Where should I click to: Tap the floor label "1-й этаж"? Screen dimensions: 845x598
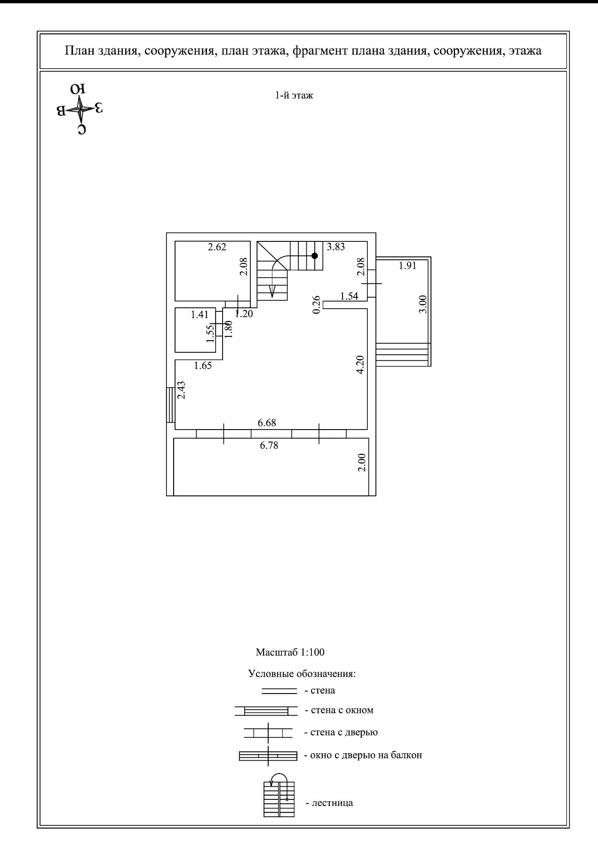coord(294,96)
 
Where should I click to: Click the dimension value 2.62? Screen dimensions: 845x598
coord(217,247)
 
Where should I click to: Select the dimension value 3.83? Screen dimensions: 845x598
coord(336,247)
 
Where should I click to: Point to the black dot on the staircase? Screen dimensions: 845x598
coord(315,255)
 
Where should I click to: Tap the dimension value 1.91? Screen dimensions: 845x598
coord(407,265)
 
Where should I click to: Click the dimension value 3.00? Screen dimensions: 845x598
coord(423,304)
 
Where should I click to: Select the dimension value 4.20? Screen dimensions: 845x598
coord(360,365)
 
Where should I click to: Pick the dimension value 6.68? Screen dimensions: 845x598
coord(267,423)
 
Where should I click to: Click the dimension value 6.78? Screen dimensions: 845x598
coord(269,445)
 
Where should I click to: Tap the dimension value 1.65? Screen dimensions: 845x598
coord(203,366)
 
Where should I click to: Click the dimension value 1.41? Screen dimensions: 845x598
coord(199,315)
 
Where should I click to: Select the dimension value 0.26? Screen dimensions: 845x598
coord(317,304)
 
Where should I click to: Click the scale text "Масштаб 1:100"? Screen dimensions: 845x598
coord(290,652)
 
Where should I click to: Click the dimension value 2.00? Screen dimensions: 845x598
coord(361,462)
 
